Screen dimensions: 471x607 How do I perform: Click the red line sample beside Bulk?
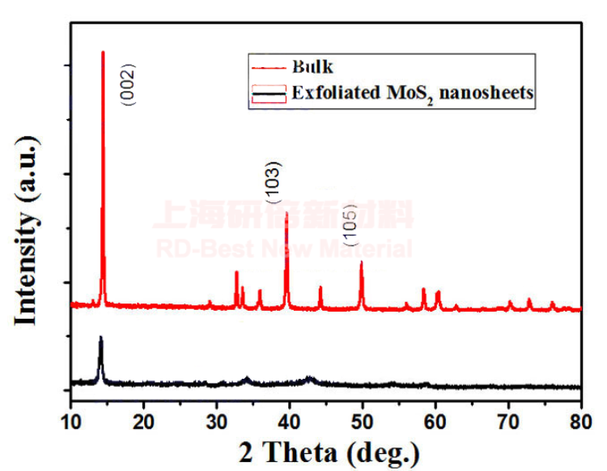click(x=269, y=66)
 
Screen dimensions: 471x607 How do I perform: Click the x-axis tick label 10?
click(x=71, y=421)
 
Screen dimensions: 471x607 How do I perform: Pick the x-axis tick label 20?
click(x=144, y=421)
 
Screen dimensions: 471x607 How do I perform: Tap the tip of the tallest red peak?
click(x=103, y=53)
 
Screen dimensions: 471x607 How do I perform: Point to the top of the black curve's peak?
click(x=100, y=337)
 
